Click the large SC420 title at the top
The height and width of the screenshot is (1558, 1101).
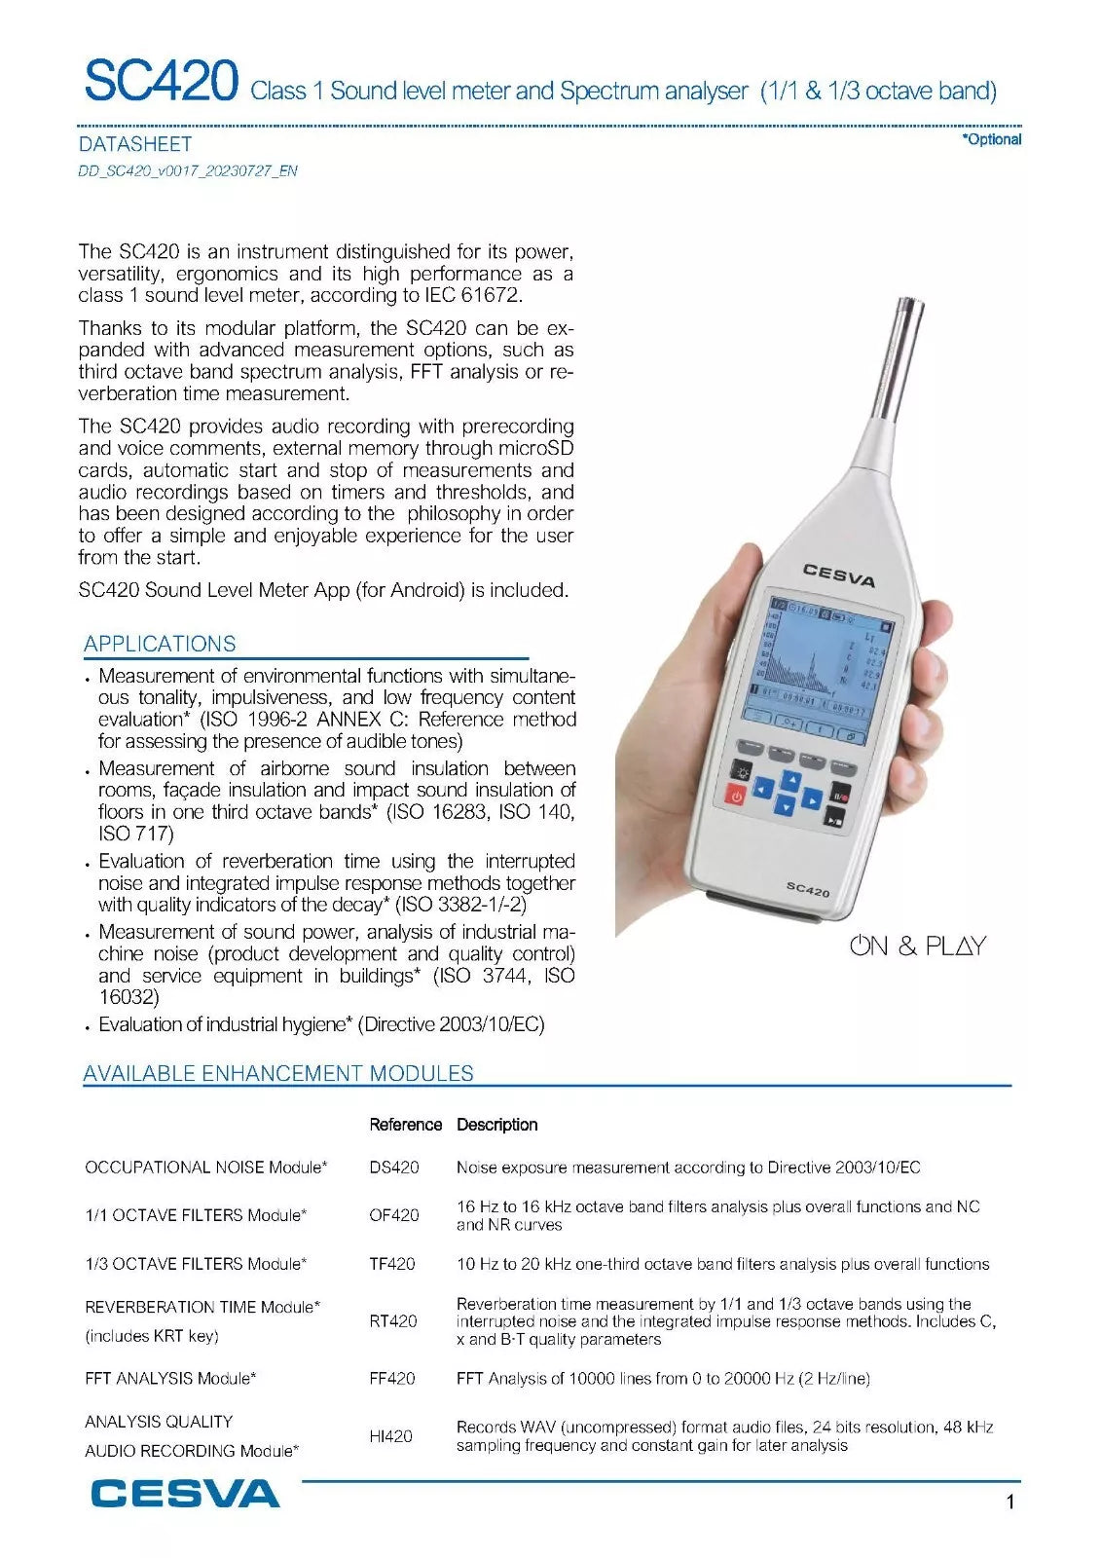161,82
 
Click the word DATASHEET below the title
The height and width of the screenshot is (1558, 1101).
135,144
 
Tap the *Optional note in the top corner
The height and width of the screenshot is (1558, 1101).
991,139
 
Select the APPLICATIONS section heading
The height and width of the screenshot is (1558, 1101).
160,644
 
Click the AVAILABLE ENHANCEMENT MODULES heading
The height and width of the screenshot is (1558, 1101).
278,1073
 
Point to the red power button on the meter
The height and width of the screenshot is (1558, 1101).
736,796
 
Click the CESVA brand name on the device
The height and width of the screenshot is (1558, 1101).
838,575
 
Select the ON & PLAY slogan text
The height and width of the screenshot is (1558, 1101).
918,946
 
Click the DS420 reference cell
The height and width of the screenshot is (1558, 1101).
394,1167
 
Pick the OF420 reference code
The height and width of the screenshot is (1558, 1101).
394,1215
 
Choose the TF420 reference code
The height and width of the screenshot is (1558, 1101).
392,1264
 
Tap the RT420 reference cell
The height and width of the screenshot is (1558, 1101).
393,1321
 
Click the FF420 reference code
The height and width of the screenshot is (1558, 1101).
392,1378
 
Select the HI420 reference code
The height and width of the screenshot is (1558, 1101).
391,1435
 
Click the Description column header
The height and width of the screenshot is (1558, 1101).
496,1125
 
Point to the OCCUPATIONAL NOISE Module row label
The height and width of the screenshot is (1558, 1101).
206,1167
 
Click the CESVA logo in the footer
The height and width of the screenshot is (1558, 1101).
185,1493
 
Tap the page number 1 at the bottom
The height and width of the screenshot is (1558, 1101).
1009,1502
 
